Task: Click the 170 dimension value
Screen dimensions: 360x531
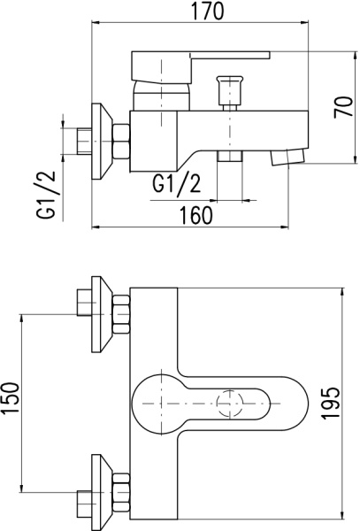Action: click(207, 11)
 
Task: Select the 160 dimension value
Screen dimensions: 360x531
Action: click(196, 215)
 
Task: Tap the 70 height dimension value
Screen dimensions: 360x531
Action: click(343, 107)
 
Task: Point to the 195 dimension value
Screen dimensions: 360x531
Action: click(330, 404)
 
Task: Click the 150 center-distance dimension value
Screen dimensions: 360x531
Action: click(11, 398)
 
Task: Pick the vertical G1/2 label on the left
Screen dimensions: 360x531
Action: click(46, 195)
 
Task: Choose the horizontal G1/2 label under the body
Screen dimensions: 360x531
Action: click(176, 183)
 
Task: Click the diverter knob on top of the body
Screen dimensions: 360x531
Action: click(230, 93)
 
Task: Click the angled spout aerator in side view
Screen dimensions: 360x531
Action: click(287, 157)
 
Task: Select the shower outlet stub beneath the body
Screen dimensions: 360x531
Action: click(230, 156)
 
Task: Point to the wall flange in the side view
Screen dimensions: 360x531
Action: click(102, 141)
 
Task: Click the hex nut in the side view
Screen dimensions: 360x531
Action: click(121, 142)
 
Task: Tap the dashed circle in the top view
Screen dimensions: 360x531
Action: click(230, 404)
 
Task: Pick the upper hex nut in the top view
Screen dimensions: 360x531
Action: click(121, 314)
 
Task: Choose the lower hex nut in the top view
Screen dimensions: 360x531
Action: click(121, 492)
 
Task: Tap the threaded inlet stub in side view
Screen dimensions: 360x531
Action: click(85, 142)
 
